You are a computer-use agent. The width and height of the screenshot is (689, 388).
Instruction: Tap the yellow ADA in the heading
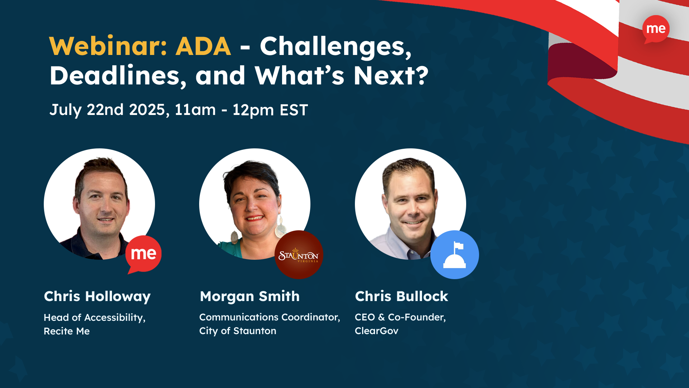(x=203, y=46)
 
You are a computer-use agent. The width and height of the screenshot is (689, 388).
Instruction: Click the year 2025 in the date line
(x=147, y=110)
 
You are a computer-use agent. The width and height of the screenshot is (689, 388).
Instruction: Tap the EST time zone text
(x=294, y=110)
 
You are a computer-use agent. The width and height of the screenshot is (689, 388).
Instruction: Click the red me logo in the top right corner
(x=656, y=29)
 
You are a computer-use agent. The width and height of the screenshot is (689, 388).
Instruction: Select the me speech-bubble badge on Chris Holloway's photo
(x=143, y=254)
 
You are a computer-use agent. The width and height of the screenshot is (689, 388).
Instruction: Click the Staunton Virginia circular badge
(x=299, y=255)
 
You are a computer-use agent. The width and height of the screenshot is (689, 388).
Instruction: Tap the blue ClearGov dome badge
(x=454, y=255)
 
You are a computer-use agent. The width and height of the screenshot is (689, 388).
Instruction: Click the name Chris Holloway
(x=97, y=297)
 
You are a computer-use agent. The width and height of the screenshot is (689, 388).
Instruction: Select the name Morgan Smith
(x=249, y=297)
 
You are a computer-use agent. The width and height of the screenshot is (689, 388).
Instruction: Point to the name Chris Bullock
(x=401, y=297)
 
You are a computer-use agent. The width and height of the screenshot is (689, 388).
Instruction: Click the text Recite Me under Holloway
(x=67, y=331)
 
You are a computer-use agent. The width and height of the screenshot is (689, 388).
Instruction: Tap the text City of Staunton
(x=238, y=331)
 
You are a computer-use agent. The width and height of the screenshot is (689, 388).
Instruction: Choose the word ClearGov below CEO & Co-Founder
(x=376, y=331)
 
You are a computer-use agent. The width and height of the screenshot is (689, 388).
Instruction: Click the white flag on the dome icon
(x=459, y=246)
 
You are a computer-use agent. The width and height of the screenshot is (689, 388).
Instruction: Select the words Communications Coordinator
(x=269, y=317)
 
